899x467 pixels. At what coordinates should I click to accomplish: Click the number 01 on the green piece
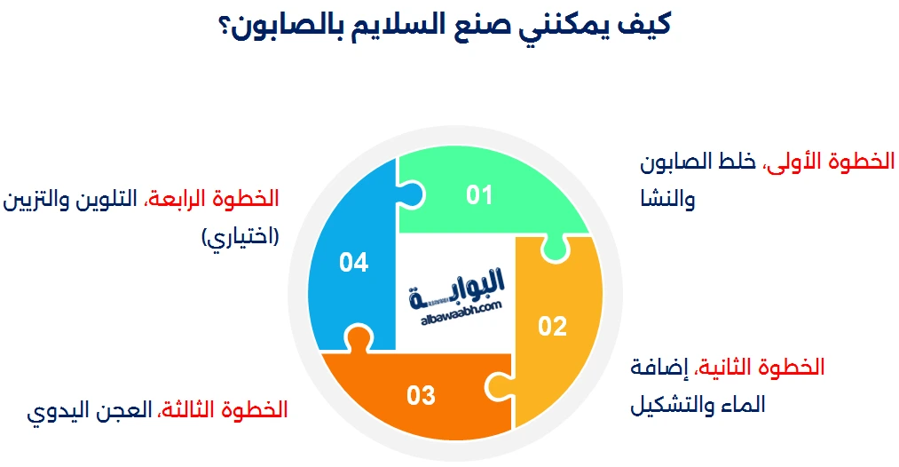[x=479, y=195]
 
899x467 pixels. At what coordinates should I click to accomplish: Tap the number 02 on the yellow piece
[x=552, y=327]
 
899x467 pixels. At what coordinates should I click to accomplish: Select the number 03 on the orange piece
[x=421, y=395]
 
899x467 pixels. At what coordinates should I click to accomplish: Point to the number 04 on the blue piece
[x=353, y=262]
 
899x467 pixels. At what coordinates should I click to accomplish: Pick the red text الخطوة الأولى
[x=830, y=162]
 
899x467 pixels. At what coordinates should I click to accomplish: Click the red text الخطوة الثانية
[x=761, y=368]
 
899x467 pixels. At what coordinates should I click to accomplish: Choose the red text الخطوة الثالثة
[x=223, y=409]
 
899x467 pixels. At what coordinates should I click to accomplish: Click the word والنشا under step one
[x=668, y=199]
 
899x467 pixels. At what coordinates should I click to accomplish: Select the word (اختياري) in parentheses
[x=241, y=237]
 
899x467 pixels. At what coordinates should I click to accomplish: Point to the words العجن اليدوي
[x=90, y=411]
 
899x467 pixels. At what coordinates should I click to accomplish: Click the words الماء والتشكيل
[x=698, y=405]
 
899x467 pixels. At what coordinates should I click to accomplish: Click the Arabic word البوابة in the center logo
[x=456, y=287]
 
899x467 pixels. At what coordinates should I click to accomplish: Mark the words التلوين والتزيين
[x=70, y=201]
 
